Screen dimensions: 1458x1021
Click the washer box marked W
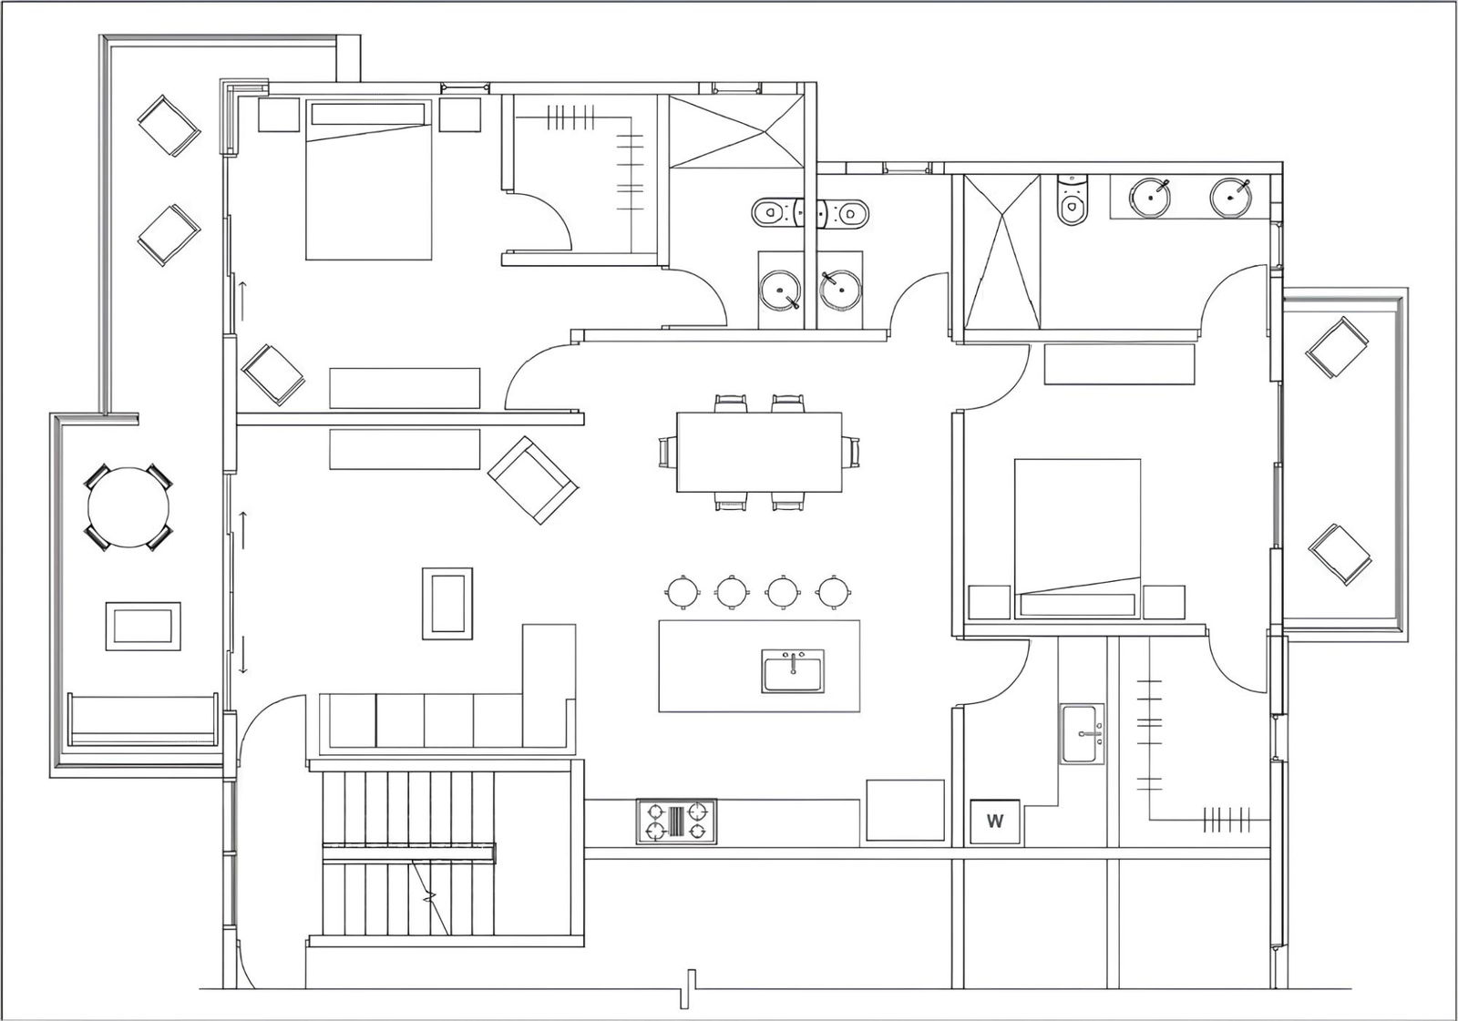994,822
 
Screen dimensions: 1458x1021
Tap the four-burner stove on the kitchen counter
676,822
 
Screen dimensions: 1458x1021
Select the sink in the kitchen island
793,671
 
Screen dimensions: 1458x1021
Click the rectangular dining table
759,453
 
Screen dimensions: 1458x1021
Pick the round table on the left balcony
128,507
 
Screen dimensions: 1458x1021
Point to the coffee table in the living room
447,603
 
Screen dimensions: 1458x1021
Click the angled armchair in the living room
533,480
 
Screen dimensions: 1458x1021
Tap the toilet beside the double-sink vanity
1072,199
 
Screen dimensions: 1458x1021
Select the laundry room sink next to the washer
1083,733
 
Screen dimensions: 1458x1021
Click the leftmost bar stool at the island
683,591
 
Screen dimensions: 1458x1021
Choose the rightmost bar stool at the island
833,591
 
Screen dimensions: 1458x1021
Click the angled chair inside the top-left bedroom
272,375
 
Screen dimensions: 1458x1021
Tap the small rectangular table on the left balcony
143,626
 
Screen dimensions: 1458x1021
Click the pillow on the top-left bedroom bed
368,114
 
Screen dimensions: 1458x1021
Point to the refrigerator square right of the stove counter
905,811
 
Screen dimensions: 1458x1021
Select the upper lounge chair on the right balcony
1337,347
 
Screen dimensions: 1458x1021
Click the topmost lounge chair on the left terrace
169,126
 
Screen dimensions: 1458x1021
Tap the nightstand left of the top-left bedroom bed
279,115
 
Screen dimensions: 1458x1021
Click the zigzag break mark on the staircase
429,898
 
